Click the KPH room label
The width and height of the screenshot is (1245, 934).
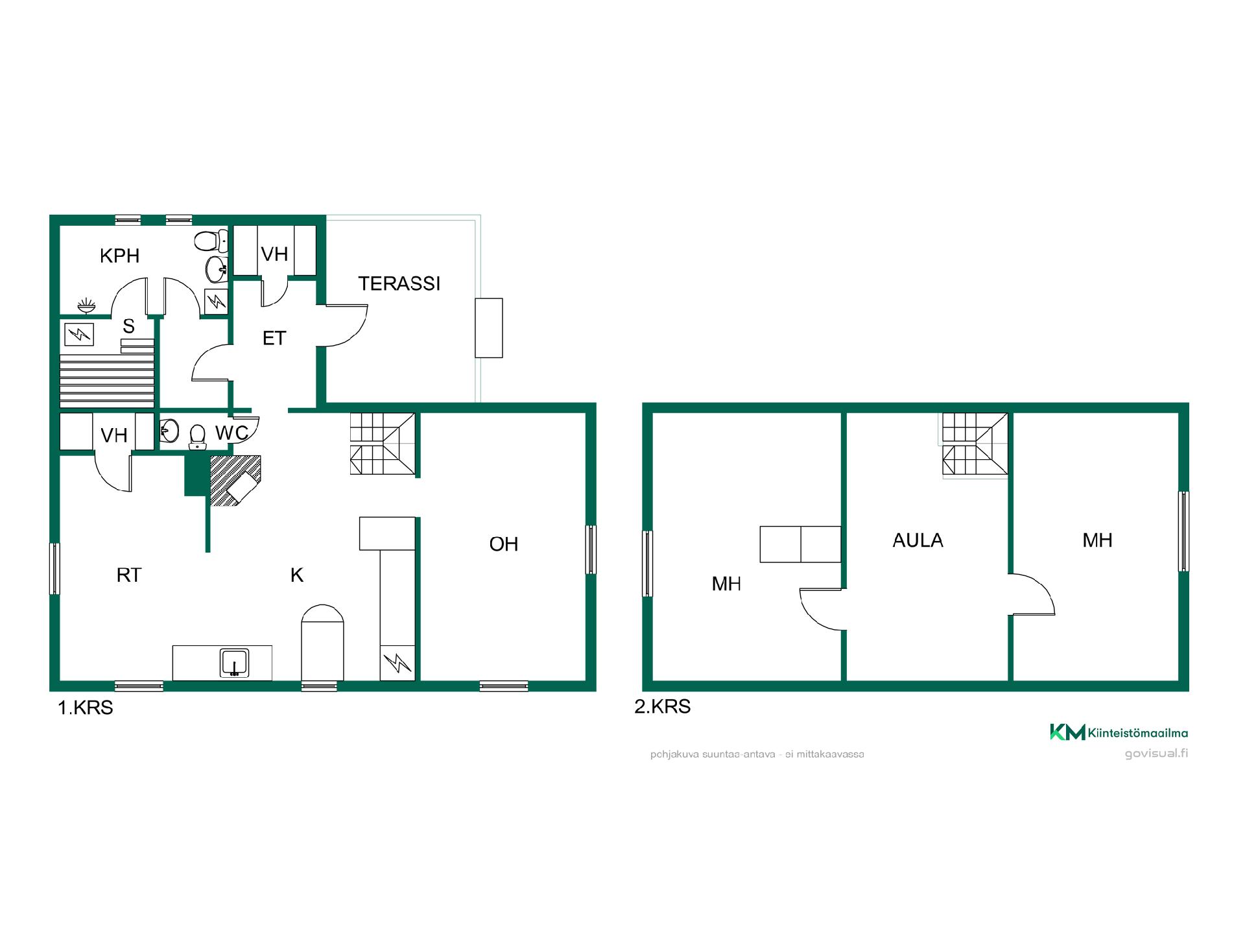[119, 256]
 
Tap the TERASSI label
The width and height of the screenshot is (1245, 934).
[399, 283]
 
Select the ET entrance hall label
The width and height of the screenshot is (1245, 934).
[274, 338]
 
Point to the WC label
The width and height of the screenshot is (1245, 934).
[231, 433]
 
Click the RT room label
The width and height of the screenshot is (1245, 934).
[129, 575]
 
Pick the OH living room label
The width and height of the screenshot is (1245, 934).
[504, 544]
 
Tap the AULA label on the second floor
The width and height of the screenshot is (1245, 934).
[918, 540]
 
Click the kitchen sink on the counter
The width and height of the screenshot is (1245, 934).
[234, 663]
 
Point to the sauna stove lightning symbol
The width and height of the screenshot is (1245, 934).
[79, 335]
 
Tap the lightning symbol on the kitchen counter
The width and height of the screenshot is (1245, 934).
[397, 663]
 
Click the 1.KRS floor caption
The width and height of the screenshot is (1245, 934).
[86, 708]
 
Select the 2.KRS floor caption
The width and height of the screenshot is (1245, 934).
[662, 706]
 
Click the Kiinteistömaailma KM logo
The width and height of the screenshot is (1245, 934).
[1119, 732]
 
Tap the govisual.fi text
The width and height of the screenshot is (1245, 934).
[1156, 753]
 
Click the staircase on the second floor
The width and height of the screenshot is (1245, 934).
[975, 445]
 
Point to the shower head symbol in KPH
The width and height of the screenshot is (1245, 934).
[86, 305]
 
